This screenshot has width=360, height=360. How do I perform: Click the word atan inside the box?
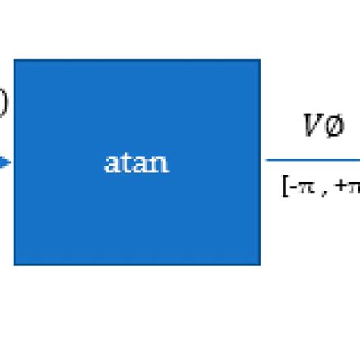pos(137,163)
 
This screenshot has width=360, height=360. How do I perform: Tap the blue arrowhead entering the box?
pos(5,162)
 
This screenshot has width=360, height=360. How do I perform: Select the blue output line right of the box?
pos(311,160)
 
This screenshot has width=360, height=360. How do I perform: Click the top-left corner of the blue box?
pos(14,60)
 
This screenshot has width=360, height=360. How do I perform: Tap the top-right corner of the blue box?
pos(260,60)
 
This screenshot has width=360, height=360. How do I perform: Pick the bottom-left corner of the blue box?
pos(14,264)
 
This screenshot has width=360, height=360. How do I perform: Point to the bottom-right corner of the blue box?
pos(260,264)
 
